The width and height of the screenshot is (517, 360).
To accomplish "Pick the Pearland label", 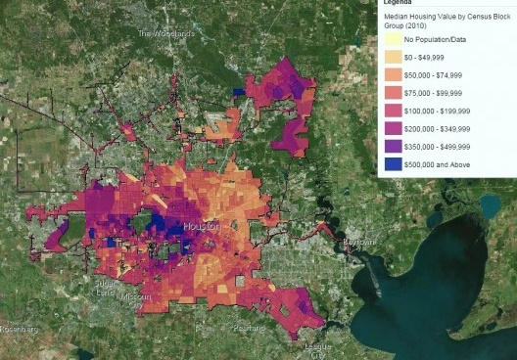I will tap(249, 324).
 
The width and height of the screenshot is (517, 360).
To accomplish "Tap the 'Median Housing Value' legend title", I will tap(446, 18).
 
